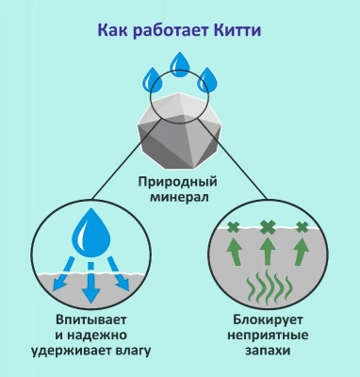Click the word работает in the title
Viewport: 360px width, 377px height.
(167, 30)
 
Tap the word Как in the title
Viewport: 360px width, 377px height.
(112, 30)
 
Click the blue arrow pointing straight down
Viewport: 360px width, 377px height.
(90, 287)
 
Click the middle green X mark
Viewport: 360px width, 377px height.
(268, 227)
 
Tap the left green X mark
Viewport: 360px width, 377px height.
(233, 227)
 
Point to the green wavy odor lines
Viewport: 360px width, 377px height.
(268, 289)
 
